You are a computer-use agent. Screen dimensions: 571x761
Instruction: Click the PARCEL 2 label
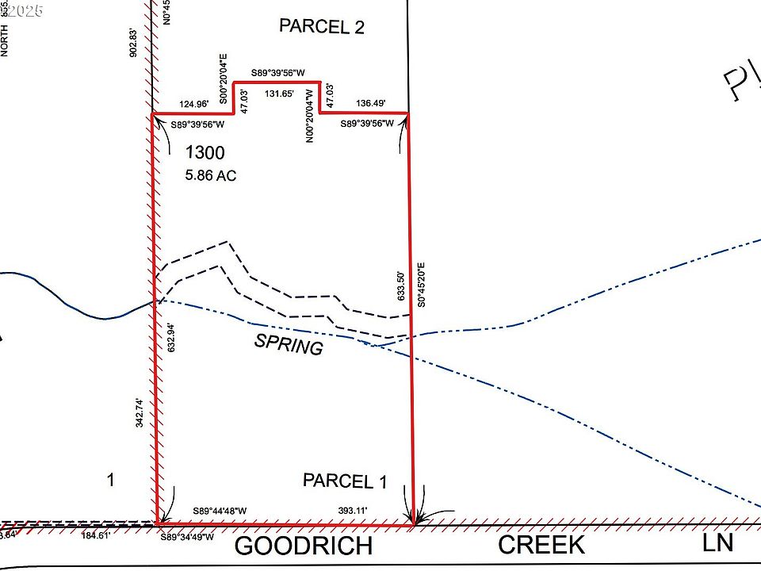click(x=322, y=27)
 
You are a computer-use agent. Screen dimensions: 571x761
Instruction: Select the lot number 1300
click(x=205, y=153)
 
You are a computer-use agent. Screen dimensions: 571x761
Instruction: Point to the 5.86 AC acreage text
click(x=211, y=175)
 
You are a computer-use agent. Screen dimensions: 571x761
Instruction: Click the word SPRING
click(x=288, y=345)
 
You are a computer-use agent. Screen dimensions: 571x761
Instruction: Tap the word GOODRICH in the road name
click(x=304, y=546)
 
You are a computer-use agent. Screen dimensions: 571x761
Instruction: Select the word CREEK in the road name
click(x=541, y=545)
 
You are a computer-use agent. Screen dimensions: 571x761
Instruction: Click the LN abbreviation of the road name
click(x=718, y=542)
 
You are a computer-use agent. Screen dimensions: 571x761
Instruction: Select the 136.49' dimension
click(x=370, y=104)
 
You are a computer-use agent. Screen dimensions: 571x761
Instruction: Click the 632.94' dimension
click(x=171, y=338)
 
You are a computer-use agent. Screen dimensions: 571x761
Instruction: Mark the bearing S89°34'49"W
click(x=188, y=537)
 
